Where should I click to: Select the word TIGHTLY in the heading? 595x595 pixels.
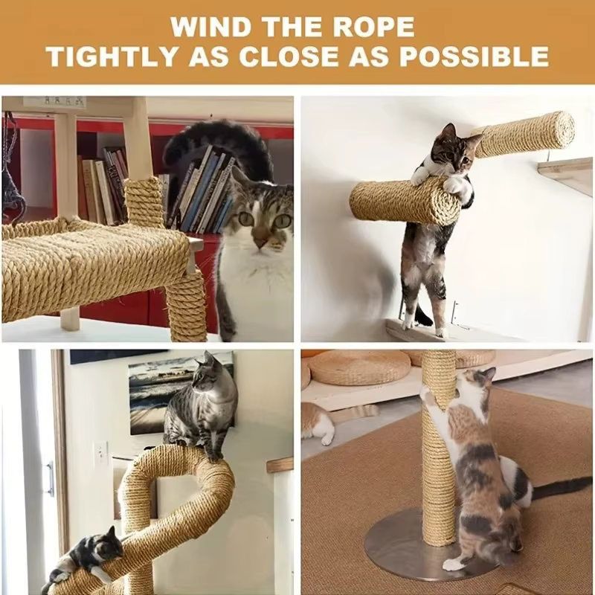pyautogui.click(x=112, y=57)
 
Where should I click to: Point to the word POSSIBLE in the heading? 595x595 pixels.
pyautogui.click(x=475, y=57)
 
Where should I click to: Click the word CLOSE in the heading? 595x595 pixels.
pyautogui.click(x=289, y=57)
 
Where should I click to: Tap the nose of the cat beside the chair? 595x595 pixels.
pyautogui.click(x=260, y=242)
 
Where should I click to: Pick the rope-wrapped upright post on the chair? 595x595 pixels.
pyautogui.click(x=144, y=202)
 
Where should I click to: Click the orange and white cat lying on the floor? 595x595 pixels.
pyautogui.click(x=334, y=420)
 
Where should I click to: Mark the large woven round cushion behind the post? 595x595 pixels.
pyautogui.click(x=359, y=367)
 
